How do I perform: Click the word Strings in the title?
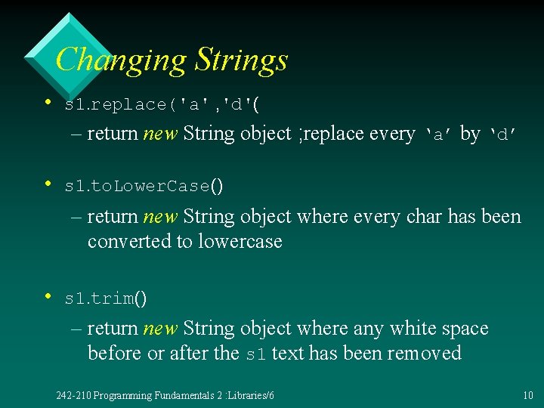[x=241, y=60]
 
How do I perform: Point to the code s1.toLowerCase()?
[x=144, y=185]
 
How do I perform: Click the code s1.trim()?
[x=106, y=298]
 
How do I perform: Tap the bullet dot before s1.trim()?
[x=47, y=296]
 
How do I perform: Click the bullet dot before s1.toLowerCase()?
[x=47, y=183]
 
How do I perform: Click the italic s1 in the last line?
[x=257, y=354]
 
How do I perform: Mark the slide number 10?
[x=527, y=396]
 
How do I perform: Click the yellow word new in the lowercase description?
[x=160, y=218]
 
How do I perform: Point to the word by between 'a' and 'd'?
[x=470, y=134]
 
